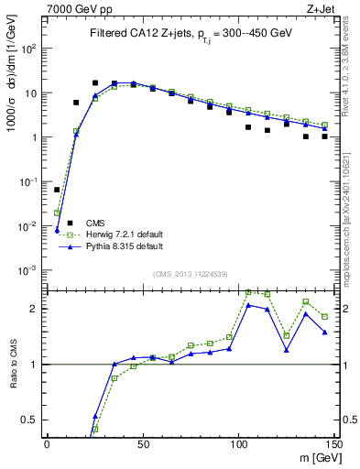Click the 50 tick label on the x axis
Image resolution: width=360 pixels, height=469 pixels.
142,444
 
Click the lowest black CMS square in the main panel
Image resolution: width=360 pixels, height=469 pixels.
57,190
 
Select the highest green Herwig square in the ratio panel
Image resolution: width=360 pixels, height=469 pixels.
248,291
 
